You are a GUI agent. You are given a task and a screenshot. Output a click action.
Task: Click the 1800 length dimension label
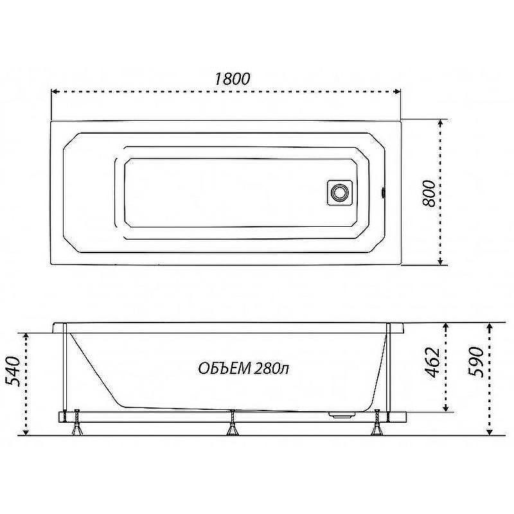click(x=233, y=78)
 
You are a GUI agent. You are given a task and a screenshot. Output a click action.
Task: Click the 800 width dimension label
click(x=429, y=193)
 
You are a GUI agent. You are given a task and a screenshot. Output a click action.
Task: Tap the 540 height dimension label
click(x=13, y=371)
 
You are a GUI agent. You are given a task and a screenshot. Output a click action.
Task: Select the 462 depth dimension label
click(x=432, y=362)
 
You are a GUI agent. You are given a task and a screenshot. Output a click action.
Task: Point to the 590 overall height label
click(x=476, y=362)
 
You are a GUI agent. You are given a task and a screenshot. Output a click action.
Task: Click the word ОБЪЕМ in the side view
click(x=224, y=368)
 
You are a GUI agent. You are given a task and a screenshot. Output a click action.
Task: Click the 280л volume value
click(x=271, y=368)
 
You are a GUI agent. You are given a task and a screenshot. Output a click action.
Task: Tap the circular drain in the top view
click(x=340, y=192)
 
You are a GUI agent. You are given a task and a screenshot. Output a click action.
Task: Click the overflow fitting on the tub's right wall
click(x=383, y=192)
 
